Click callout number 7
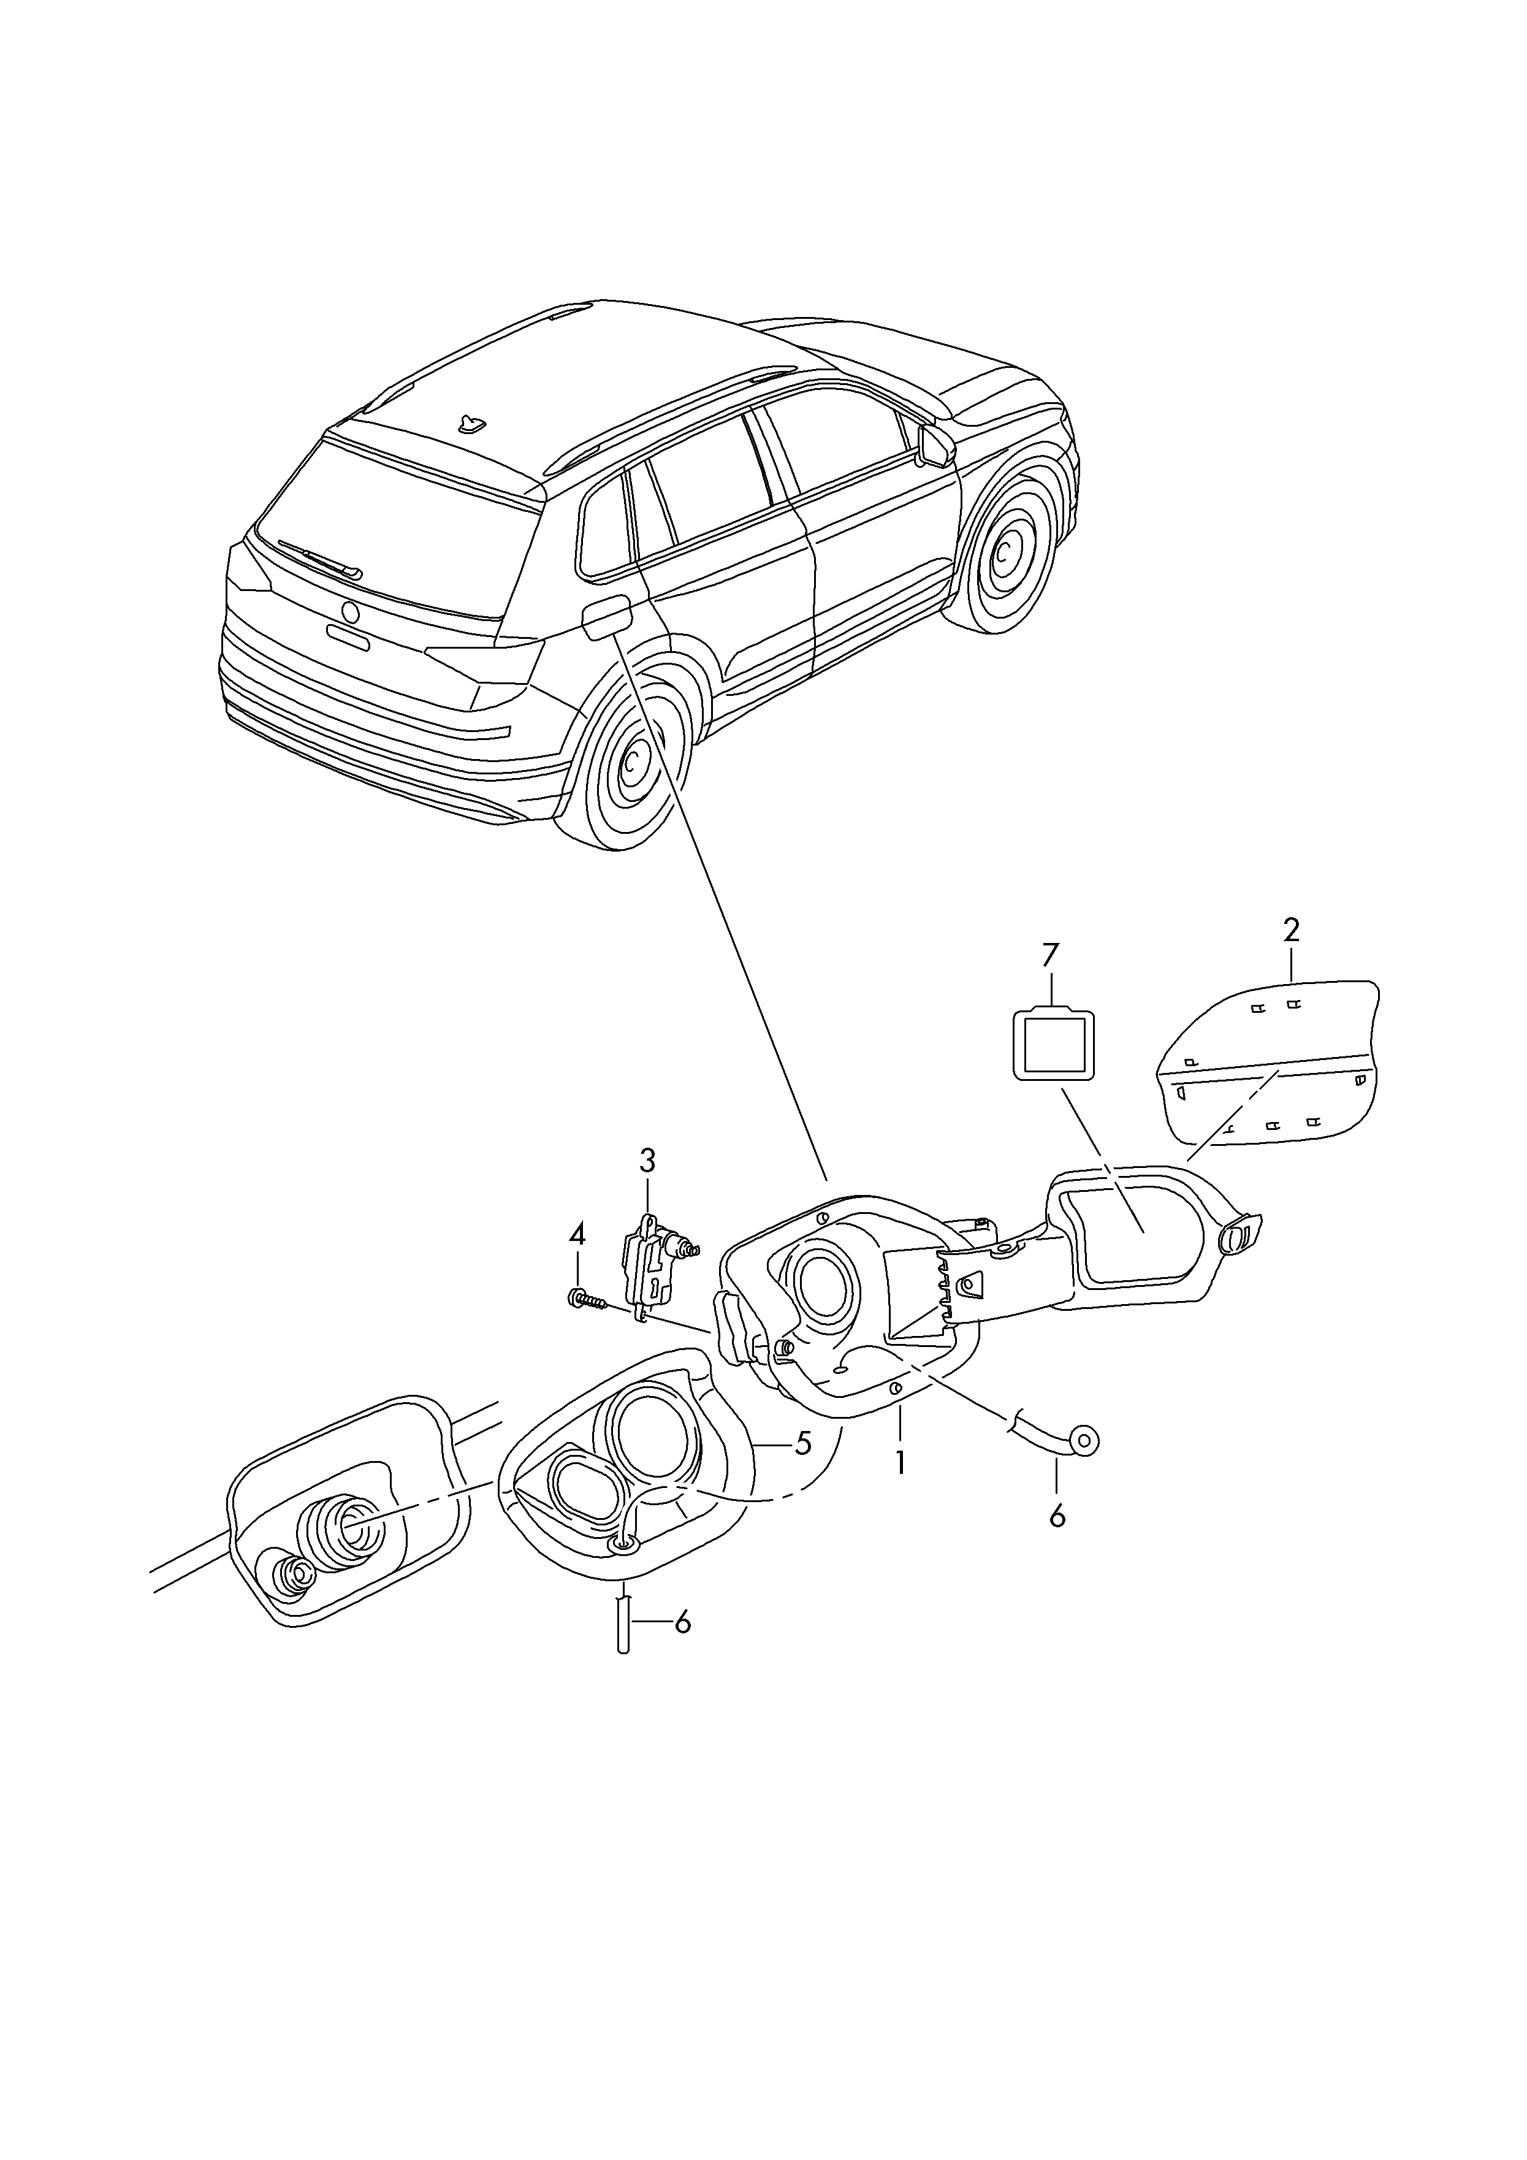click(1051, 956)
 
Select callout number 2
click(1291, 931)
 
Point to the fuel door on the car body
click(607, 618)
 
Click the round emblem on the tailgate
click(351, 611)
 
